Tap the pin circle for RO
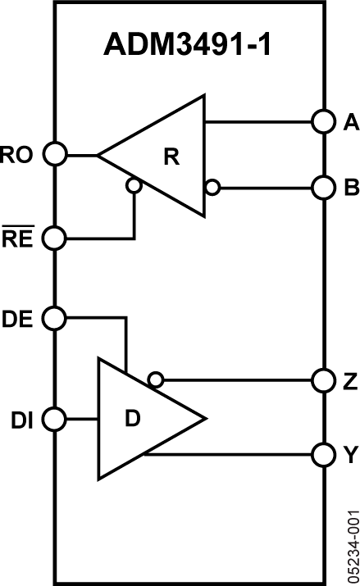(x=55, y=154)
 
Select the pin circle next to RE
(x=55, y=238)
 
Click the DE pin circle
(x=55, y=316)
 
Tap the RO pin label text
(x=18, y=154)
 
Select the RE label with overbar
(x=18, y=238)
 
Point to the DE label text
(x=18, y=317)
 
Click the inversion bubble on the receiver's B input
(x=212, y=188)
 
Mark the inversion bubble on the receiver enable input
(x=134, y=186)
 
